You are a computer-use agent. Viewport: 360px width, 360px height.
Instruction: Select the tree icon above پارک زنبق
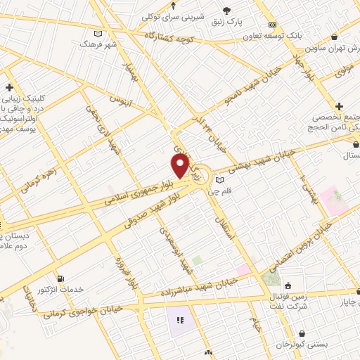tap(226, 10)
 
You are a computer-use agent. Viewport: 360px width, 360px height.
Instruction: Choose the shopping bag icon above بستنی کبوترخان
tap(302, 333)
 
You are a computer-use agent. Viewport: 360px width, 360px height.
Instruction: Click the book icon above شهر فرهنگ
tap(98, 33)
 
